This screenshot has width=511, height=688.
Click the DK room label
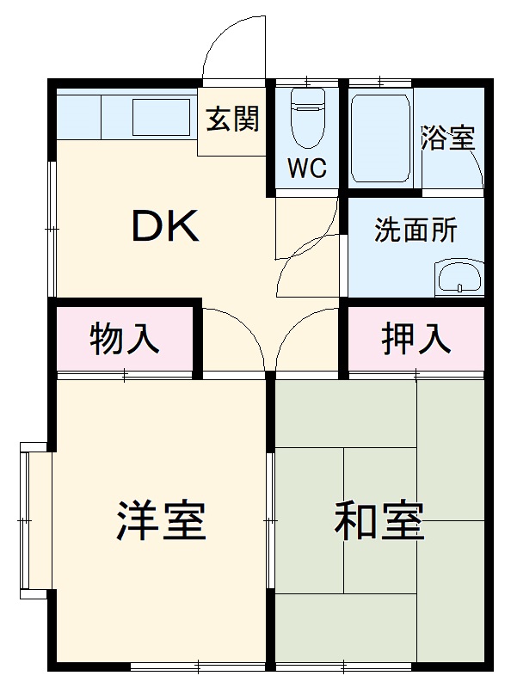tap(165, 226)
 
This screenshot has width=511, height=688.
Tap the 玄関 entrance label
tap(231, 120)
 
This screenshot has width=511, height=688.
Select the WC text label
tap(307, 169)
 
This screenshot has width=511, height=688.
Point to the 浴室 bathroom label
tap(447, 138)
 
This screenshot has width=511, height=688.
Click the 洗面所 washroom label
tap(416, 230)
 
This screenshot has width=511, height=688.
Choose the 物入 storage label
tap(126, 339)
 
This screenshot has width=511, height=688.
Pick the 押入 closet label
tap(416, 339)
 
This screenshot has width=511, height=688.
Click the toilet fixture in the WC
tap(307, 120)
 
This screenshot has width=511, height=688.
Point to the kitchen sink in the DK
tap(160, 115)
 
